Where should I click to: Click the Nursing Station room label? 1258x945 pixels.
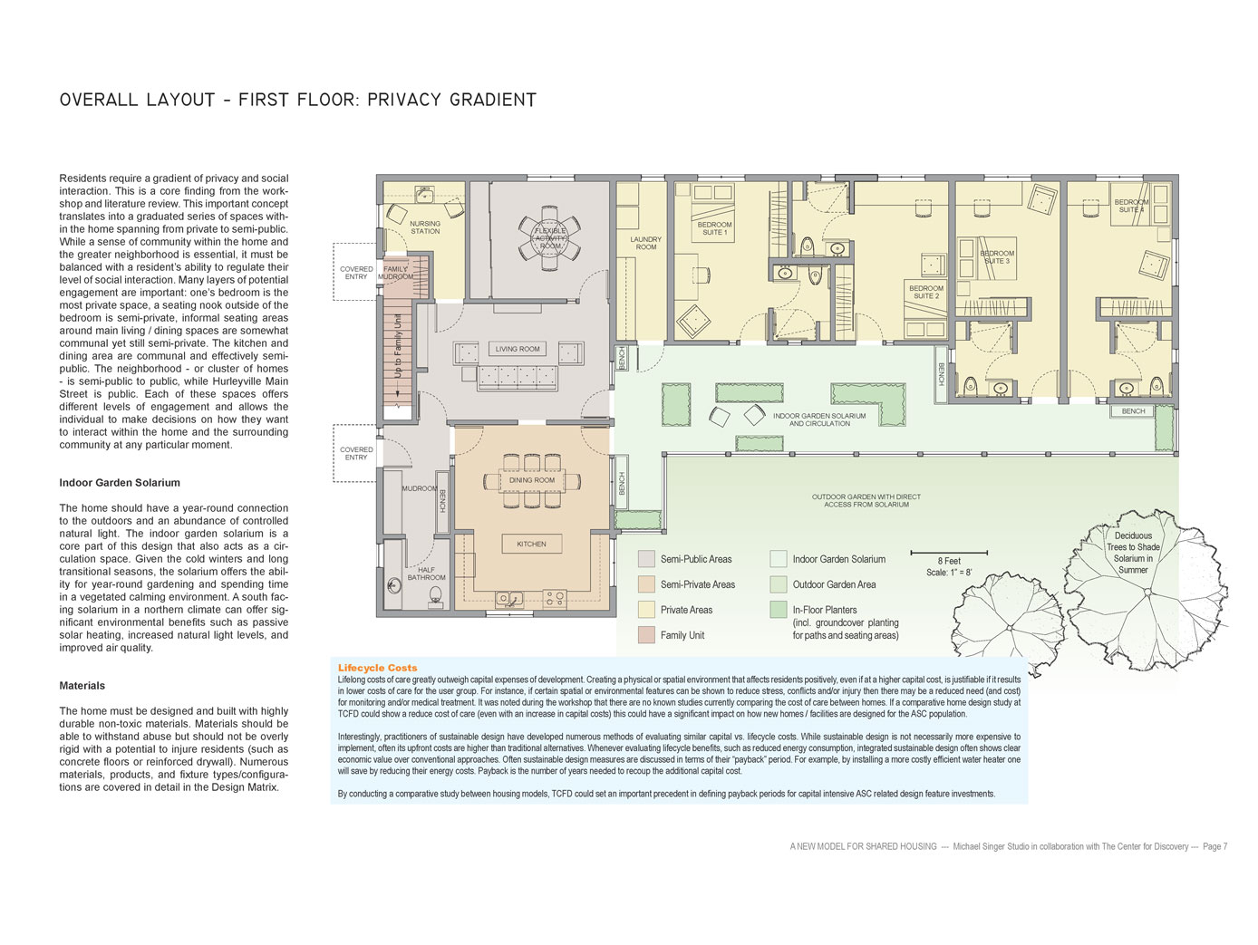pyautogui.click(x=425, y=227)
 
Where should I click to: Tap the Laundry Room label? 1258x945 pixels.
pyautogui.click(x=645, y=243)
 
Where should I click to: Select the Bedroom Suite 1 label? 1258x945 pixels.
pyautogui.click(x=714, y=228)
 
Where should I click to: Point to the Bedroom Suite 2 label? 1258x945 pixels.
pyautogui.click(x=925, y=292)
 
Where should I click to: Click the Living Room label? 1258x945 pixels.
pyautogui.click(x=517, y=349)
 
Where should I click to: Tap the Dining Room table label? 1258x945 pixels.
pyautogui.click(x=531, y=480)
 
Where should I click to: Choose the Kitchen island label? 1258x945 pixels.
pyautogui.click(x=531, y=545)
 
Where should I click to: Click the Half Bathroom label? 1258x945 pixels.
pyautogui.click(x=426, y=574)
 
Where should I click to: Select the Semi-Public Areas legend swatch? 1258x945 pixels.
pyautogui.click(x=646, y=559)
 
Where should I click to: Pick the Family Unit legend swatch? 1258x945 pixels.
pyautogui.click(x=646, y=634)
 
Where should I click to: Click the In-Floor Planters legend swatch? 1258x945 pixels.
pyautogui.click(x=778, y=610)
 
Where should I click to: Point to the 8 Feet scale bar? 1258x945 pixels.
pyautogui.click(x=949, y=553)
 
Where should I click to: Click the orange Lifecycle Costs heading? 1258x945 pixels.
pyautogui.click(x=377, y=668)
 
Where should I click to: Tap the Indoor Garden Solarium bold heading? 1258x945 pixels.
pyautogui.click(x=120, y=483)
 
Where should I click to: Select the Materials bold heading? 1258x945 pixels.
pyautogui.click(x=82, y=686)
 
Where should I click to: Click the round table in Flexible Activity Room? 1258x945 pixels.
pyautogui.click(x=549, y=237)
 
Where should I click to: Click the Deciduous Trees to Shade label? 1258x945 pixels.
pyautogui.click(x=1133, y=553)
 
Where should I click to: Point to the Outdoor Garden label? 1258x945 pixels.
pyautogui.click(x=866, y=500)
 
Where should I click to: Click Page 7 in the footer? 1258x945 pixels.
pyautogui.click(x=1215, y=846)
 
